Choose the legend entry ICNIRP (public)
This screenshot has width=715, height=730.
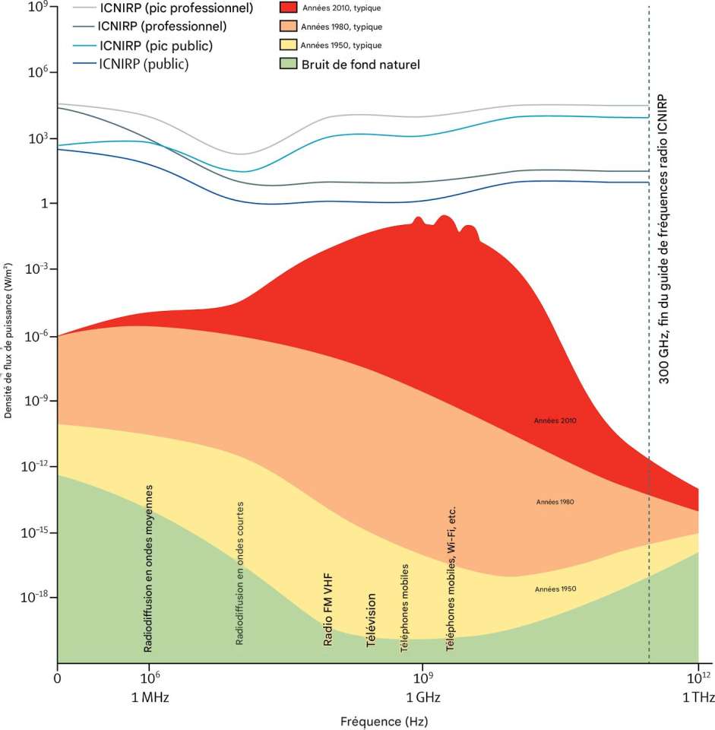pyautogui.click(x=144, y=64)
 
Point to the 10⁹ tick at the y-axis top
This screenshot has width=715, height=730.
pyautogui.click(x=37, y=7)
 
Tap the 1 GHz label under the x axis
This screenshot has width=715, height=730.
pyautogui.click(x=421, y=697)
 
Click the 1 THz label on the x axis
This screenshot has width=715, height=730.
pyautogui.click(x=698, y=697)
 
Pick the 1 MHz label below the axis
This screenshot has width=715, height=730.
pyautogui.click(x=150, y=697)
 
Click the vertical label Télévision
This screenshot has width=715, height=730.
pyautogui.click(x=371, y=620)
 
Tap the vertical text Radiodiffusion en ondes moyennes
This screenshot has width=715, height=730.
pyautogui.click(x=149, y=568)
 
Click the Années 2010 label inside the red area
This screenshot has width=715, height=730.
pyautogui.click(x=556, y=420)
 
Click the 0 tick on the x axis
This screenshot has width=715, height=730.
pyautogui.click(x=57, y=675)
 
